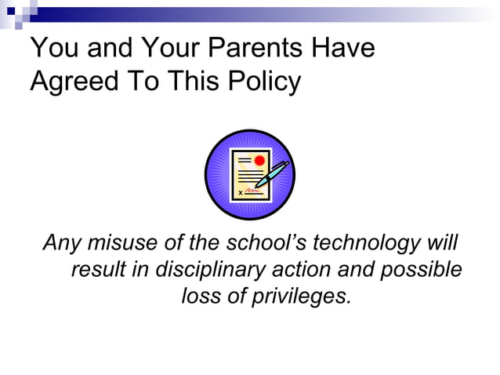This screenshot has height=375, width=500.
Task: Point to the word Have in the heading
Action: tap(342, 49)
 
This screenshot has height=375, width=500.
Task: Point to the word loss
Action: tap(200, 297)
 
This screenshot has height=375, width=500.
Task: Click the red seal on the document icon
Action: tap(259, 161)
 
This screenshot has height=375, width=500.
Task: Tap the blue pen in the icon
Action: tap(271, 176)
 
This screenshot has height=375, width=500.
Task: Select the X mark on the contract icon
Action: tap(239, 192)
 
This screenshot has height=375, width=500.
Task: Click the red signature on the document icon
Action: tap(252, 191)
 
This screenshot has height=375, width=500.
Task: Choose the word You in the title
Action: tap(54, 49)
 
